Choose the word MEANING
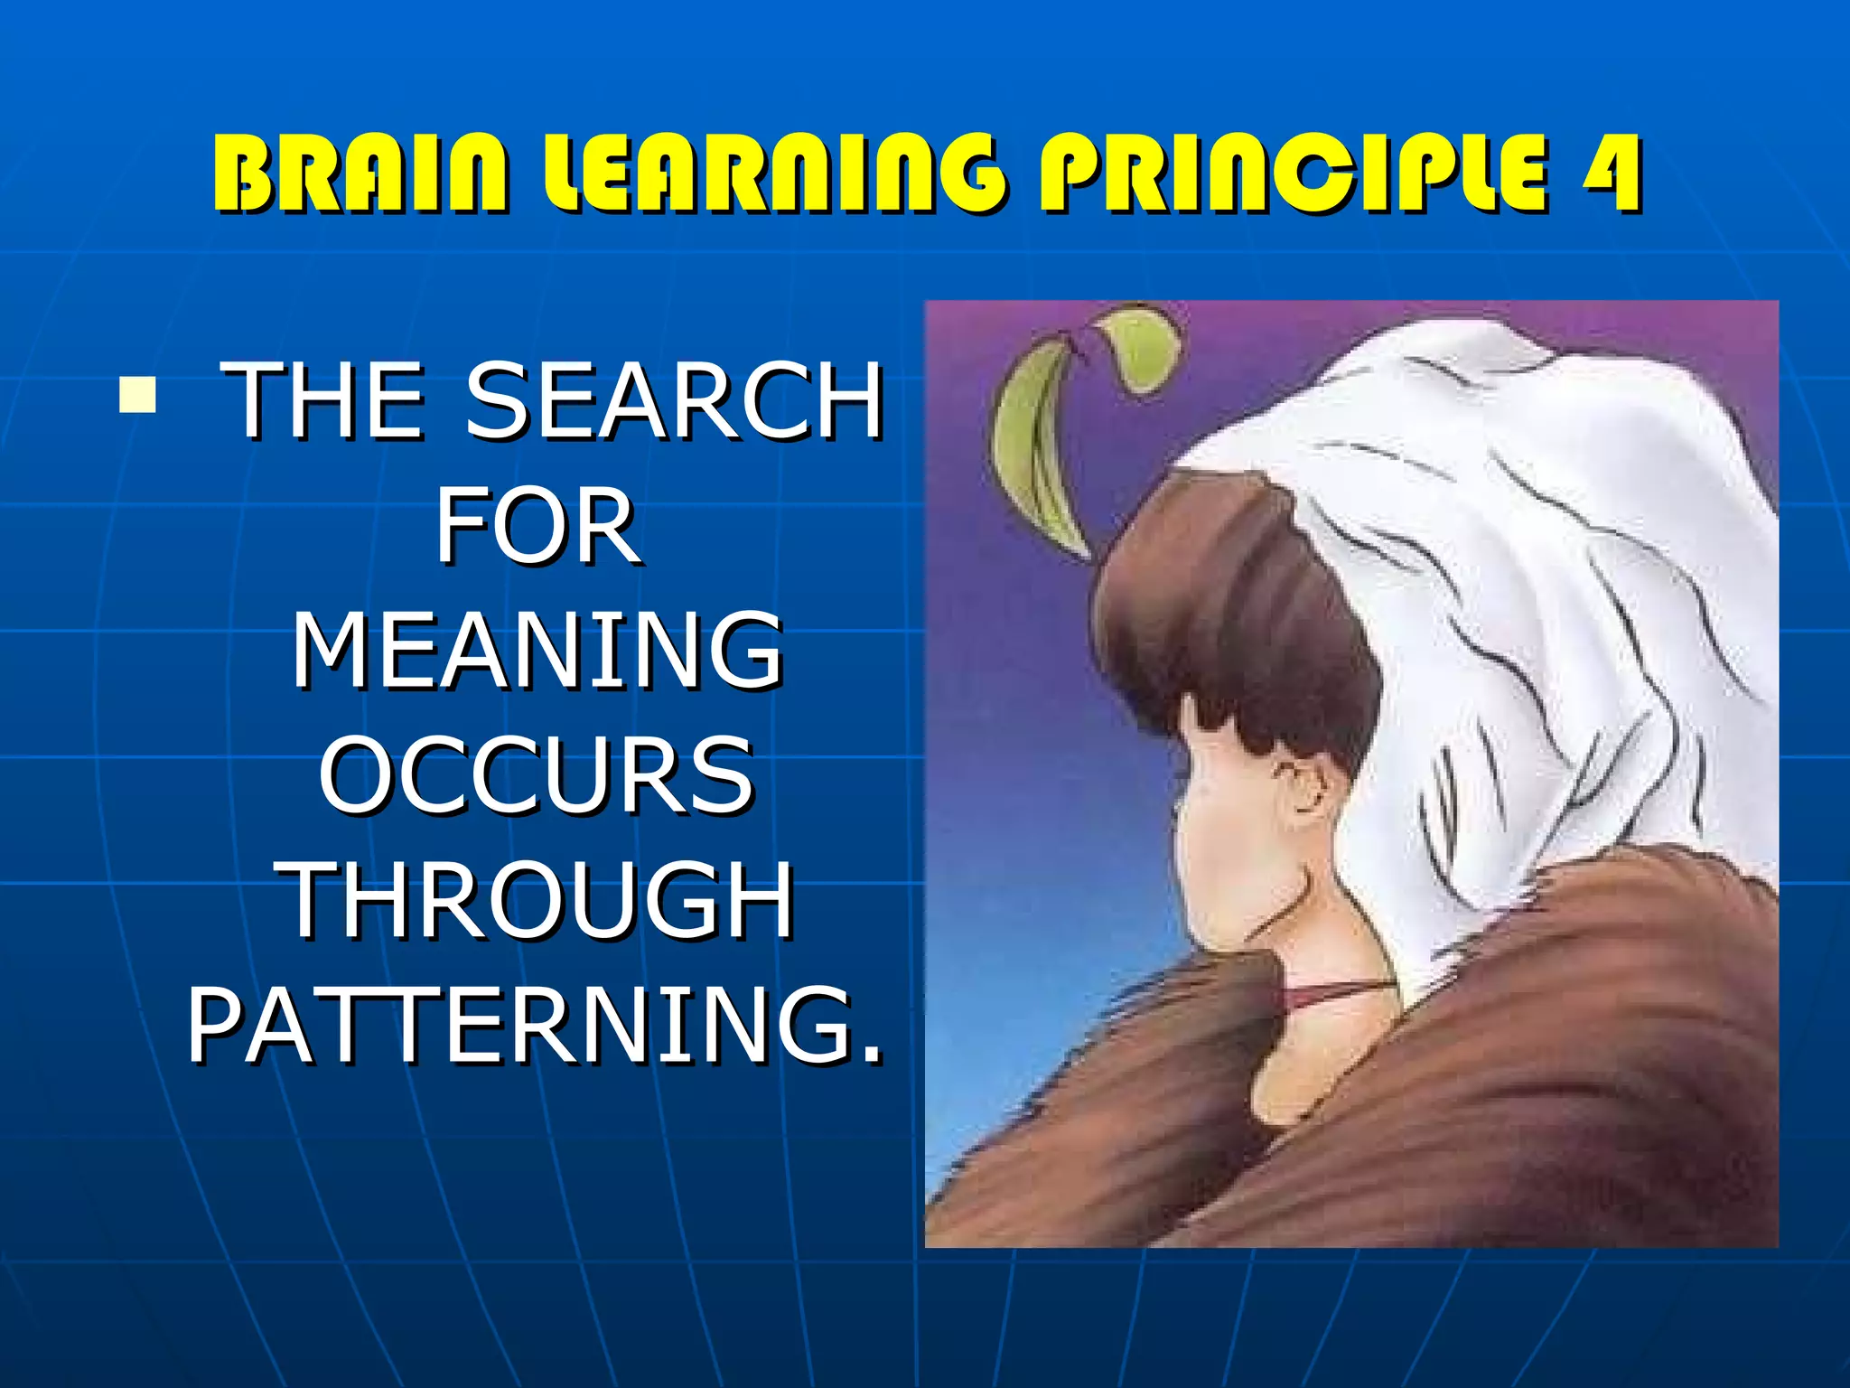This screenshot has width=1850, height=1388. (x=537, y=651)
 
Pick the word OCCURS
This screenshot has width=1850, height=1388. (x=537, y=775)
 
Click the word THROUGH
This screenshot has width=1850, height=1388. (x=539, y=900)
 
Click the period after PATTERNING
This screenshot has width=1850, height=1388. (x=870, y=1054)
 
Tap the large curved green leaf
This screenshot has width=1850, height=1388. (x=1039, y=452)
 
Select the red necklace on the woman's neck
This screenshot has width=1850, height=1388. (x=1328, y=994)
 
